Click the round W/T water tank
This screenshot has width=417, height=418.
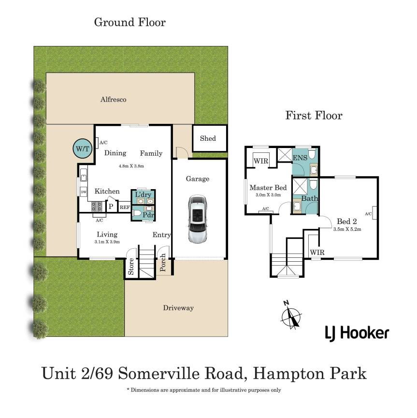tap(82, 149)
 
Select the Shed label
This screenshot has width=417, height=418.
tap(208, 138)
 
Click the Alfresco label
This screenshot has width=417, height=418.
tap(114, 99)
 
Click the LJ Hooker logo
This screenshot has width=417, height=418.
tap(357, 333)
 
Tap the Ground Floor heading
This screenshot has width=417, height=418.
tap(129, 22)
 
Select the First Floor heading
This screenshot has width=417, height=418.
tap(314, 116)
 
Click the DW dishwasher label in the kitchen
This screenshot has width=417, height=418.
tap(84, 192)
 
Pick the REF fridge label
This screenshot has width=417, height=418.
tap(125, 207)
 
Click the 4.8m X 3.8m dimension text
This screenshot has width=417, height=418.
tap(131, 166)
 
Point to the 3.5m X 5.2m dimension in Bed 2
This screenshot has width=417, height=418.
tap(347, 229)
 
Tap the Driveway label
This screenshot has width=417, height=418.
tap(178, 308)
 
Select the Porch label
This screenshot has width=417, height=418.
tap(163, 262)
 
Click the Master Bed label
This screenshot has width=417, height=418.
tap(268, 188)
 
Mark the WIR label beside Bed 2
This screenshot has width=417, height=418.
tap(317, 253)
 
